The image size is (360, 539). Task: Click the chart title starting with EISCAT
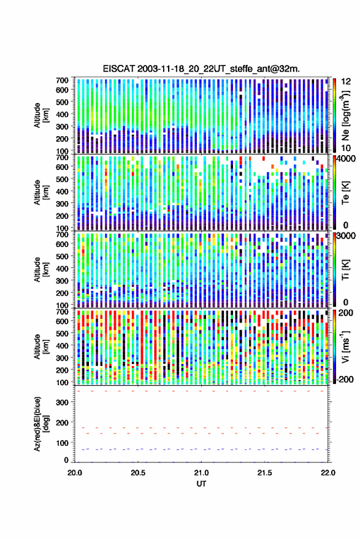pos(201,69)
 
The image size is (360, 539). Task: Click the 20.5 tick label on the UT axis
pos(138,473)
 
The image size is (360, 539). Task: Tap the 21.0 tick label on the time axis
pos(201,473)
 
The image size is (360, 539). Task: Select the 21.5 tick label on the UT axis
pos(264,473)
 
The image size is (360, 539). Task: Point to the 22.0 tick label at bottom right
pos(327,473)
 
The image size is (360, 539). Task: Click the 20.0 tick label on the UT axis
pos(75,473)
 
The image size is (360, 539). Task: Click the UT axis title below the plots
pos(201,484)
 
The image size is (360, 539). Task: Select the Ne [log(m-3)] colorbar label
pos(345,115)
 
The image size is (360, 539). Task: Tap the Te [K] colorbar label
pos(345,193)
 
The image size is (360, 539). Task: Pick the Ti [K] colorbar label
pos(345,270)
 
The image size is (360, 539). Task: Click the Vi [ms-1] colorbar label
pos(345,346)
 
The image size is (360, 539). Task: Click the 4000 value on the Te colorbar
pos(347,159)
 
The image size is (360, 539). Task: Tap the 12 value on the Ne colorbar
pos(347,82)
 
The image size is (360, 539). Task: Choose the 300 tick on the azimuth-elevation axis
pos(62,402)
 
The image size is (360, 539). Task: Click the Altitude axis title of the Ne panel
pos(41,115)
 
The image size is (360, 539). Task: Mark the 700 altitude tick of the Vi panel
pos(62,312)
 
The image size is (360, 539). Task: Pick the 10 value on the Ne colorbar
pos(347,148)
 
